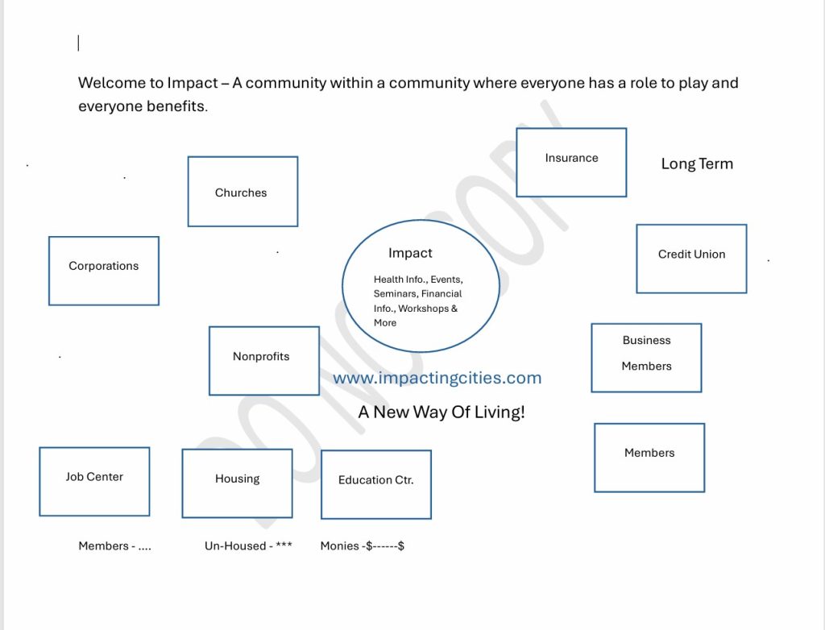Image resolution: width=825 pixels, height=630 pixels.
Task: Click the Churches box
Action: (243, 192)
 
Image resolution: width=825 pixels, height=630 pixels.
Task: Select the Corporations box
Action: (104, 271)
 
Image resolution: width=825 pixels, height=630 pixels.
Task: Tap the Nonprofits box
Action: (264, 361)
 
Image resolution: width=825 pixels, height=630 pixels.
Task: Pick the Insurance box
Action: (571, 162)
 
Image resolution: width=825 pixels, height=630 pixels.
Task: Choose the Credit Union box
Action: (691, 259)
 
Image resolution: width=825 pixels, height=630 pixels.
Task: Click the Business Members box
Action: (646, 358)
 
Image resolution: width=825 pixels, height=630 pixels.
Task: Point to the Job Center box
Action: (94, 482)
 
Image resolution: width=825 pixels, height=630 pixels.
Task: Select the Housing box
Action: (238, 483)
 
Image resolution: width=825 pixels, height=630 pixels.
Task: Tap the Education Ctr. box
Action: (376, 484)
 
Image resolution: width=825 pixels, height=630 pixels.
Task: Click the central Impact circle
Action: (421, 286)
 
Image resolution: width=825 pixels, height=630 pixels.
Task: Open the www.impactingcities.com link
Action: (437, 378)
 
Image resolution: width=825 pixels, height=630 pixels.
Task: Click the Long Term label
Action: (697, 164)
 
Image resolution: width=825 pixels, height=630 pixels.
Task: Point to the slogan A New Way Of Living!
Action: (442, 412)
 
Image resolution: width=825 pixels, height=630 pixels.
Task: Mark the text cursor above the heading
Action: (78, 43)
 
